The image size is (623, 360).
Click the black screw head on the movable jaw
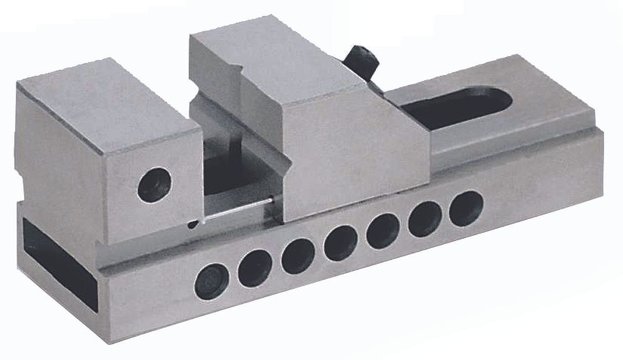click(x=363, y=60)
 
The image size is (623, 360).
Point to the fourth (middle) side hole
click(x=341, y=242)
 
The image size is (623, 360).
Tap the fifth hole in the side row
click(x=383, y=230)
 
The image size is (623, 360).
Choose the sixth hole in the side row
click(x=425, y=219)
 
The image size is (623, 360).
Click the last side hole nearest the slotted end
click(x=465, y=208)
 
